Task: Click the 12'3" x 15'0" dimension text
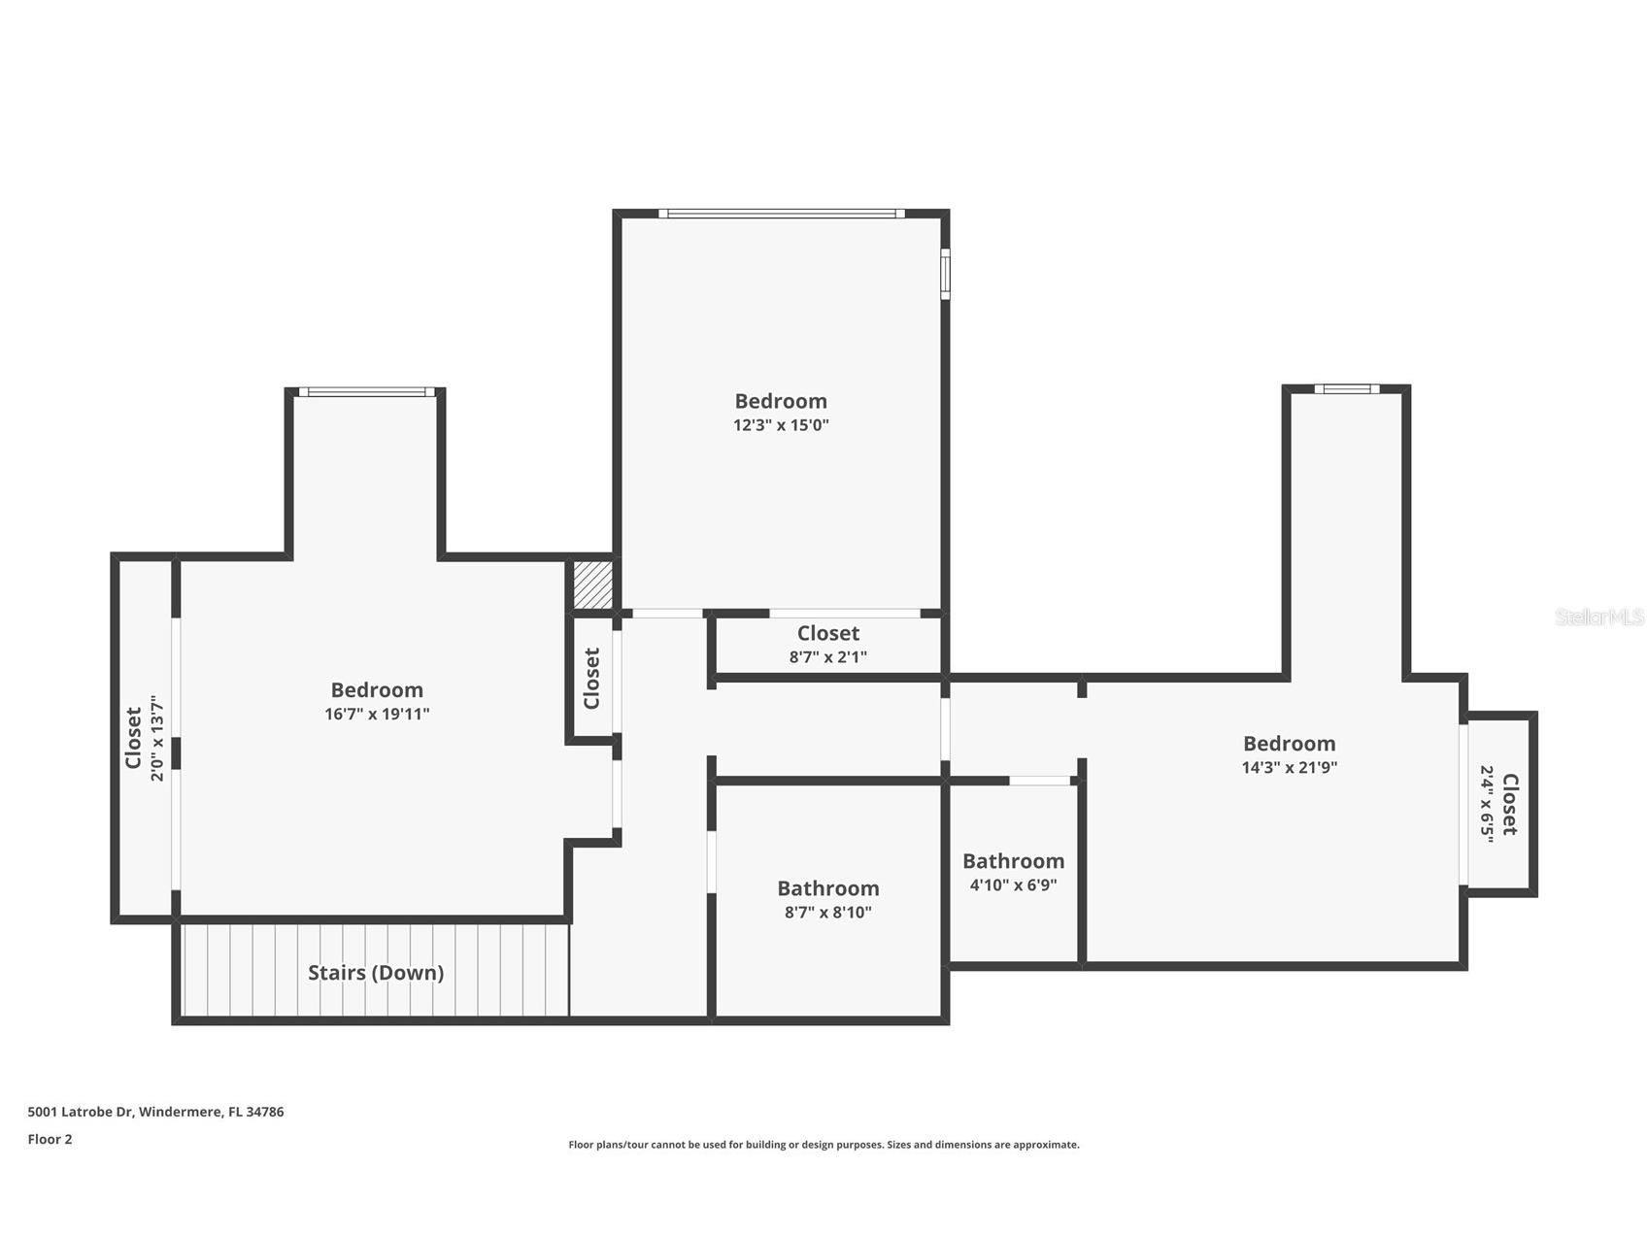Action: click(x=781, y=425)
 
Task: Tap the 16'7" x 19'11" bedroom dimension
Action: click(x=377, y=715)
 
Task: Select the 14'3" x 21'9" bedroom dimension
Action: click(x=1289, y=767)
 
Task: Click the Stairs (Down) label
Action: click(x=376, y=973)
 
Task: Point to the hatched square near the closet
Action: click(x=591, y=585)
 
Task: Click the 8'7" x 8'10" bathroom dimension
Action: click(x=827, y=913)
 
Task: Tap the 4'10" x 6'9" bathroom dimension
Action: click(x=1013, y=885)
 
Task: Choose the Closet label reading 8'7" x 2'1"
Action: click(x=827, y=633)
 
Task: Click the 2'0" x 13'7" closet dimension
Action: click(x=159, y=738)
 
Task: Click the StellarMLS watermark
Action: click(x=1598, y=617)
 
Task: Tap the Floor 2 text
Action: click(x=50, y=1140)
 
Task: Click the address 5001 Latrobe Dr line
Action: click(x=155, y=1112)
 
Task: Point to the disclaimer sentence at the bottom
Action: click(x=824, y=1145)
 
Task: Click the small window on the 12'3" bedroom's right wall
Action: click(x=945, y=274)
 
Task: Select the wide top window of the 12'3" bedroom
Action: click(x=781, y=214)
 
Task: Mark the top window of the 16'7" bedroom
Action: click(x=366, y=392)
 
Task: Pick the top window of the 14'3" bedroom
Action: click(x=1346, y=389)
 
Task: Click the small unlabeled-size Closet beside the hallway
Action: click(x=591, y=678)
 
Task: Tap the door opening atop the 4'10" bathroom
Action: click(x=1039, y=781)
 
